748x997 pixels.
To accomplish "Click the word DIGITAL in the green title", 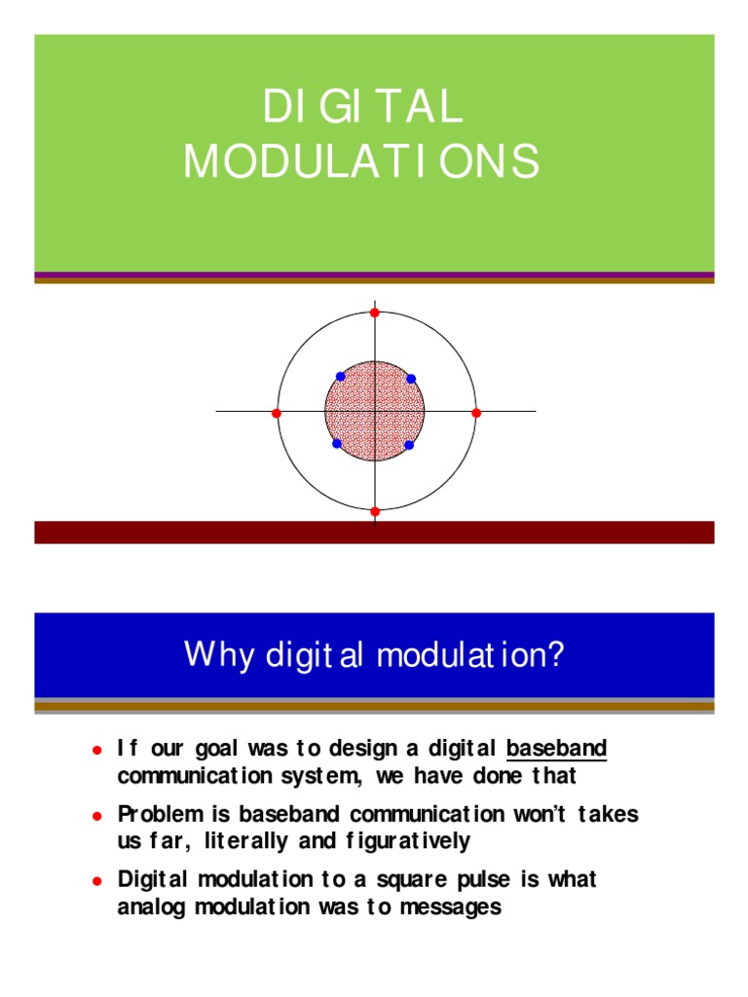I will pos(361,107).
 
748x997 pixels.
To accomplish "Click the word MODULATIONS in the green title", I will pos(361,161).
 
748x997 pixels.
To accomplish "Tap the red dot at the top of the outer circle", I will pos(375,312).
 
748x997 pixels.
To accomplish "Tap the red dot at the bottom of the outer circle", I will pos(375,511).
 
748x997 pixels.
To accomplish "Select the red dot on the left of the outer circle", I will pos(277,413).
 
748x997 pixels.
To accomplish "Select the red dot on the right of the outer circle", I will pos(476,413).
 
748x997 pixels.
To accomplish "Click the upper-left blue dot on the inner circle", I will pos(340,377).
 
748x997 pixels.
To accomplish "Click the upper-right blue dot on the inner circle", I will pos(411,379).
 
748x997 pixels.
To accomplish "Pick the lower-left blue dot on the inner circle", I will pos(337,444).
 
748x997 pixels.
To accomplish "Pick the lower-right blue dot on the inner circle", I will pos(409,445).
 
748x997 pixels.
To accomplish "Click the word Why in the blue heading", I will pos(210,654).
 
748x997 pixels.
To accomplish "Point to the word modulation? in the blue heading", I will pos(470,654).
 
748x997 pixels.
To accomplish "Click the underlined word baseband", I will pos(557,749).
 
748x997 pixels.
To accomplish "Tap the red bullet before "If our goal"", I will pos(96,751).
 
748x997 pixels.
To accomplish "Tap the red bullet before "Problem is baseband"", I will pos(96,815).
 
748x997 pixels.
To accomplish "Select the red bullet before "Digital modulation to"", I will pos(96,880).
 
